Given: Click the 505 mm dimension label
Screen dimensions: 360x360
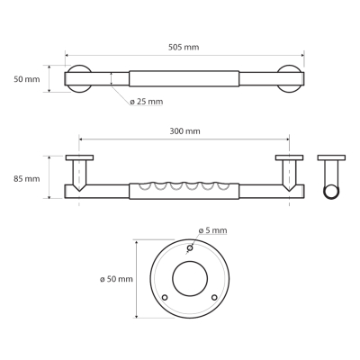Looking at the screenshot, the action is point(184,48).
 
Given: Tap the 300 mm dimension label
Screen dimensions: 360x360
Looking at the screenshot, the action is point(184,131).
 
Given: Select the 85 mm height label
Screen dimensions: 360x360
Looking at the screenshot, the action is point(27,179).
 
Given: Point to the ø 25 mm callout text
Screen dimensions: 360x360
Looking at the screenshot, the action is point(147,102).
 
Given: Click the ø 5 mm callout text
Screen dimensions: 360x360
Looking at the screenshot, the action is point(212,230).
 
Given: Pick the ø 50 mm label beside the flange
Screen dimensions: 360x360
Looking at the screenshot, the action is point(116,279).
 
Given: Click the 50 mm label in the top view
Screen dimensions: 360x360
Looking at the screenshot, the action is point(27,79).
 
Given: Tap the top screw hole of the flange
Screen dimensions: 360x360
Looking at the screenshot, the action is point(190,247).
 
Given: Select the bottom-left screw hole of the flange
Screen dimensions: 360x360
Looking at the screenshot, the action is point(165,297).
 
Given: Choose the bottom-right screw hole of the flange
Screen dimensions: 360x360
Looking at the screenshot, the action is point(214,297).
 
